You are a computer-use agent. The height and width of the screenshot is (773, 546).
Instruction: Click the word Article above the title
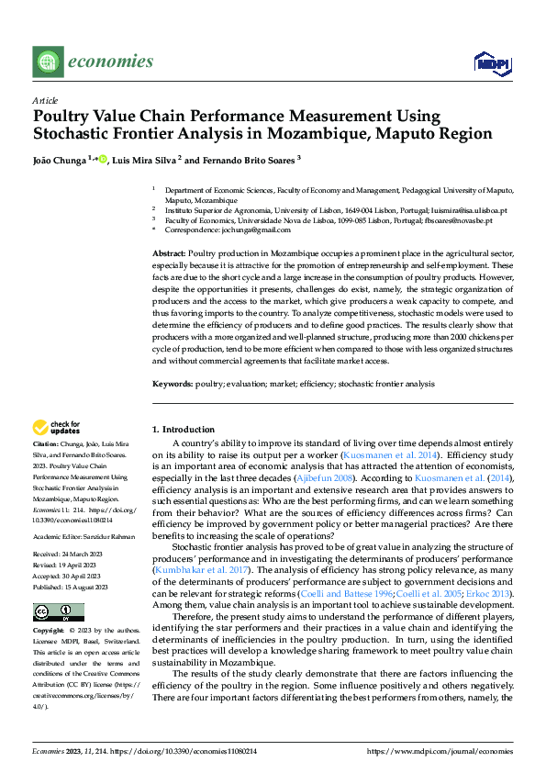point(45,100)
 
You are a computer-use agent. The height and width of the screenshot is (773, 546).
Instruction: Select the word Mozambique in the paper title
point(355,134)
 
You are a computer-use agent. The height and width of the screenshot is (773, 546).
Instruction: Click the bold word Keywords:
point(173,384)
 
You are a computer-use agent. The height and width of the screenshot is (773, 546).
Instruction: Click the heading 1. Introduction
point(184,429)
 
